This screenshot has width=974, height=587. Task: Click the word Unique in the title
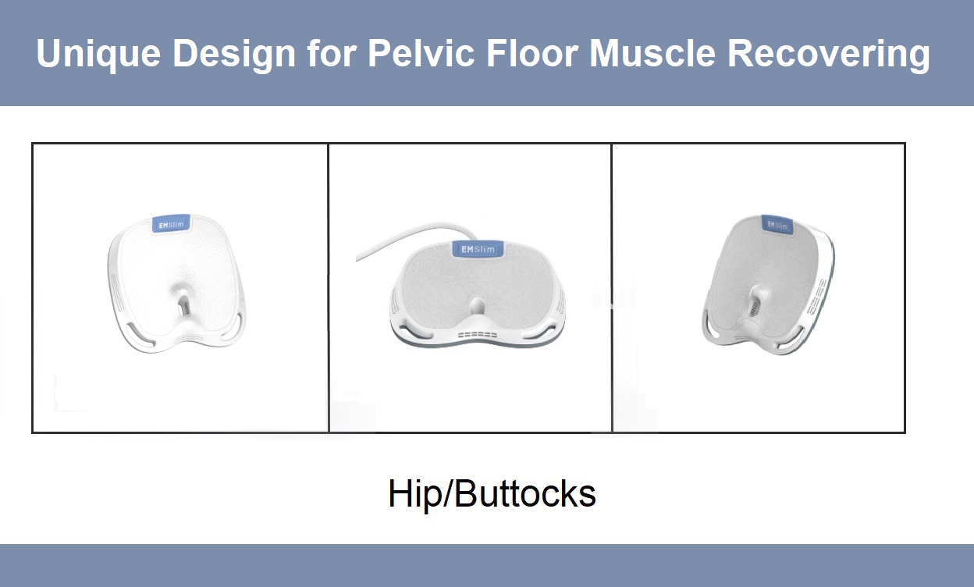pyautogui.click(x=98, y=54)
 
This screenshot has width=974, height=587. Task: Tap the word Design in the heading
pyautogui.click(x=234, y=54)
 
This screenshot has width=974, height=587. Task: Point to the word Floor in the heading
pyautogui.click(x=531, y=53)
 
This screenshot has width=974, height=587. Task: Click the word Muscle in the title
pyautogui.click(x=652, y=53)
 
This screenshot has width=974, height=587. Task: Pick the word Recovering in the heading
pyautogui.click(x=829, y=54)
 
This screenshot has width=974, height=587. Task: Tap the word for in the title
pyautogui.click(x=332, y=53)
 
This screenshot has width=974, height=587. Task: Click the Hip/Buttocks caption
pyautogui.click(x=492, y=494)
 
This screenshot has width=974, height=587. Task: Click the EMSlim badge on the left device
pyautogui.click(x=172, y=225)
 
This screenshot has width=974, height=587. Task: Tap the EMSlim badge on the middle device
pyautogui.click(x=478, y=249)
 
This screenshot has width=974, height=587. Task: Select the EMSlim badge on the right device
pyautogui.click(x=777, y=225)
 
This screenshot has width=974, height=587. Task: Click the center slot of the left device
pyautogui.click(x=184, y=307)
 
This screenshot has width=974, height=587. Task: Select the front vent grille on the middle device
pyautogui.click(x=478, y=335)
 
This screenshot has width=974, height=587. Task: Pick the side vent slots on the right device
pyautogui.click(x=816, y=297)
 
